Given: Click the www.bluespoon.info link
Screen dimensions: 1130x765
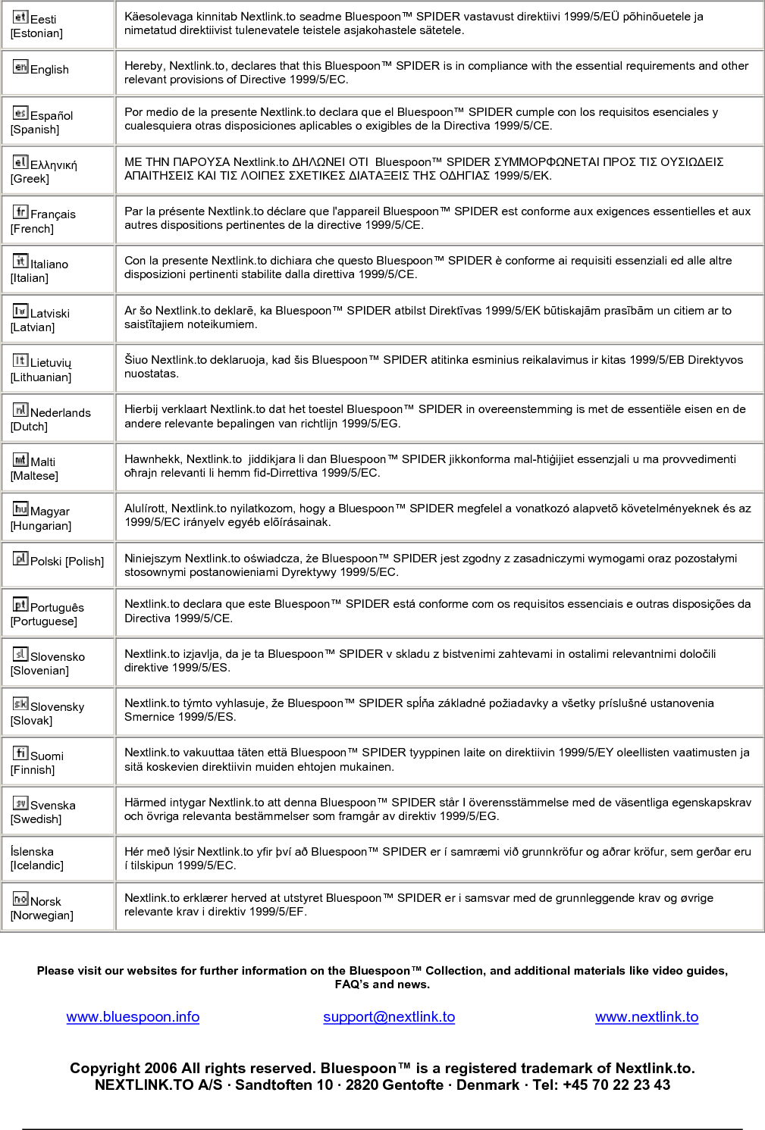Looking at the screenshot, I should [x=133, y=1017].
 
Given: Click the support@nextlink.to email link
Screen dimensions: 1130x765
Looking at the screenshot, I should [x=389, y=1017].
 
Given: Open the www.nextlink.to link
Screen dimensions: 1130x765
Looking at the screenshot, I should [x=647, y=1017].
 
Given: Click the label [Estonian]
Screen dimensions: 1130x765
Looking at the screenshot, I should [x=36, y=33].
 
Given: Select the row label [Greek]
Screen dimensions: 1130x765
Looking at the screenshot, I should [x=30, y=179].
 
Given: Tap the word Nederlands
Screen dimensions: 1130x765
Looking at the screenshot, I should [x=61, y=412].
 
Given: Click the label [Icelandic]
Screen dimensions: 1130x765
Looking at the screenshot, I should [x=37, y=865].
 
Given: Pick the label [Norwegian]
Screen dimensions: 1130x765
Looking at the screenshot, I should [x=42, y=916].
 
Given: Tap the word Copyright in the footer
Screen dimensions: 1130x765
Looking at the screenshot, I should [x=105, y=1069].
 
